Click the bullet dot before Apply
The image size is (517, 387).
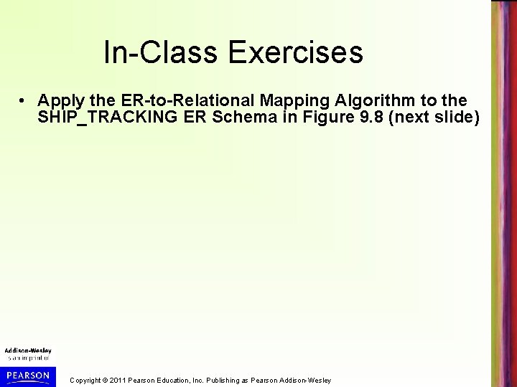[24, 99]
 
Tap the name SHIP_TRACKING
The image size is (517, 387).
[102, 116]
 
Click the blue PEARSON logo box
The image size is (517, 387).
[28, 376]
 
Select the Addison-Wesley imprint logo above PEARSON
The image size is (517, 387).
[28, 353]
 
